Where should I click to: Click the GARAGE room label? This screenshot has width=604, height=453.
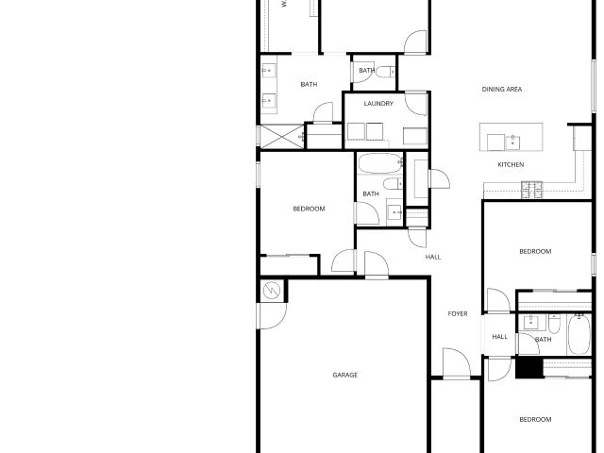(344, 375)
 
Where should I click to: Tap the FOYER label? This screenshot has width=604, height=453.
(458, 314)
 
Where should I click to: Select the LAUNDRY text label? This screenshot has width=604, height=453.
(378, 103)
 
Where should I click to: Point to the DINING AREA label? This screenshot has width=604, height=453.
(502, 89)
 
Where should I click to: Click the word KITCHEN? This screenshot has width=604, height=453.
(511, 164)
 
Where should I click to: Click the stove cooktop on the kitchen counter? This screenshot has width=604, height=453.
(531, 190)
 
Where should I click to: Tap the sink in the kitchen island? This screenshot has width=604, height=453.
(512, 142)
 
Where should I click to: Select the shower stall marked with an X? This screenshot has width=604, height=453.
(282, 136)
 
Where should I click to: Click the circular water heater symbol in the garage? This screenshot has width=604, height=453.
(272, 291)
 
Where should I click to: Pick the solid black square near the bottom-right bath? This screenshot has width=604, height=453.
(529, 367)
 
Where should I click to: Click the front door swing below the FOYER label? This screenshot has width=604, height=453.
(457, 362)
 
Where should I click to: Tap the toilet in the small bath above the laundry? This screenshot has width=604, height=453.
(386, 72)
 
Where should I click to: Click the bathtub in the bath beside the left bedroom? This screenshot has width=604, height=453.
(380, 163)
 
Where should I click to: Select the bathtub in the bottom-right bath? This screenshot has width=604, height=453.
(579, 334)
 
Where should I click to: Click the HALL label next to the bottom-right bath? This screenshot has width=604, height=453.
(499, 337)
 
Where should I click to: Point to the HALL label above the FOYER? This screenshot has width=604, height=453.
(433, 257)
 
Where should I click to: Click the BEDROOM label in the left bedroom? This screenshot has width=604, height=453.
(309, 209)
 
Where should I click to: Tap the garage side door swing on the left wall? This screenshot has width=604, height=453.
(273, 316)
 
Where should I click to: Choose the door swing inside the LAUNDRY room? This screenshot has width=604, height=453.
(416, 103)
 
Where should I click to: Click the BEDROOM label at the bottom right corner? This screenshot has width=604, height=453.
(535, 419)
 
